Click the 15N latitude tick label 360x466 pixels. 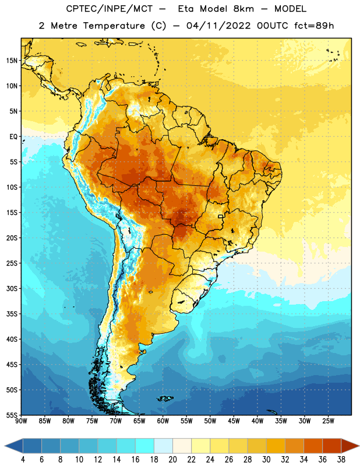[x=12, y=61]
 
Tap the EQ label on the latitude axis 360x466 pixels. [x=13, y=137]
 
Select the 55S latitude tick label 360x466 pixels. [x=12, y=415]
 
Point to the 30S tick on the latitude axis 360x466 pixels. [x=12, y=288]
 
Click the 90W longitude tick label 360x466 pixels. [x=21, y=421]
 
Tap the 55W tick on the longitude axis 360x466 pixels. [x=186, y=421]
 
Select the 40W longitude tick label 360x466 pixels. [x=257, y=421]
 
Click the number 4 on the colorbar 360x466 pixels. [x=23, y=460]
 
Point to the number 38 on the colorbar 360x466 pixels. [x=341, y=460]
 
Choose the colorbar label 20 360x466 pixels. [x=172, y=460]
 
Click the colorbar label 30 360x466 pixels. [x=266, y=460]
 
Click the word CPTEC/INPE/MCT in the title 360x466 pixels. [x=110, y=9]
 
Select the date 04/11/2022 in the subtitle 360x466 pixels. [x=219, y=26]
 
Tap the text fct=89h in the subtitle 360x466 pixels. [x=314, y=26]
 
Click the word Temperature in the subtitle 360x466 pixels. [x=114, y=26]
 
